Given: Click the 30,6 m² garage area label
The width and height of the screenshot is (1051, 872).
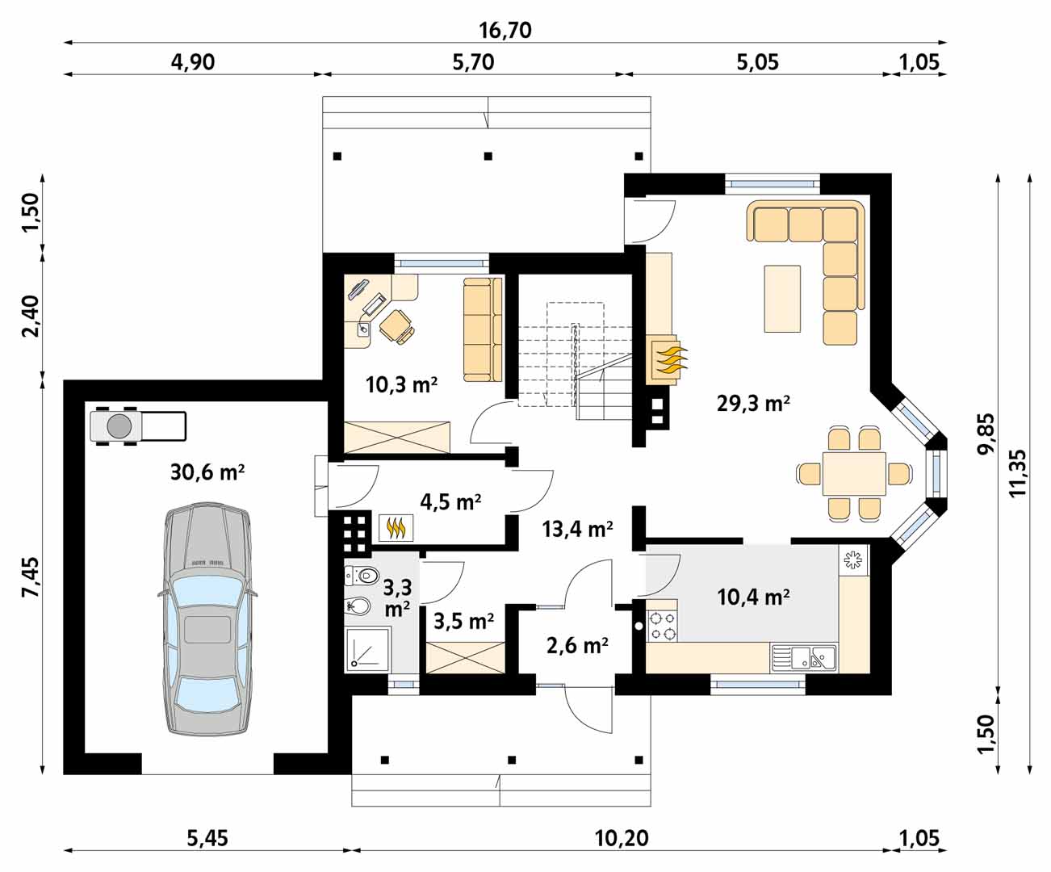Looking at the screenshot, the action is click(207, 472).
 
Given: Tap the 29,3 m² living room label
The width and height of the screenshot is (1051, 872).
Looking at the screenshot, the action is click(753, 403).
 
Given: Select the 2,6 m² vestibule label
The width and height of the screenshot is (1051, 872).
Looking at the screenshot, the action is click(577, 645).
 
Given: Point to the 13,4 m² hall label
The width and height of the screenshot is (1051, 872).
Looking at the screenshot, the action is click(577, 529).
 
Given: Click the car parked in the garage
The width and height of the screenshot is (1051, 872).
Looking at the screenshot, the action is click(208, 618).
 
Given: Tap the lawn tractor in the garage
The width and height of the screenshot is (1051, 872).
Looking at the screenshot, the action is click(138, 426).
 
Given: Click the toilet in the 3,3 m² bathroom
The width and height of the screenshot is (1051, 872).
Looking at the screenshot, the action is click(362, 575).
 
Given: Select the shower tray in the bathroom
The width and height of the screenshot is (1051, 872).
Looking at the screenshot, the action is click(368, 648).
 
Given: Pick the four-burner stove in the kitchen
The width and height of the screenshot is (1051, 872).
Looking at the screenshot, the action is click(662, 625).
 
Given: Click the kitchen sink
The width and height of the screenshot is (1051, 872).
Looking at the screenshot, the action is click(804, 658).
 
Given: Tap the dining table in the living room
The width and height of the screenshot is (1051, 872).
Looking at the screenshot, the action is click(854, 474).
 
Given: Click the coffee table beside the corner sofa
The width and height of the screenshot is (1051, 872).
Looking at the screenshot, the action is click(782, 299).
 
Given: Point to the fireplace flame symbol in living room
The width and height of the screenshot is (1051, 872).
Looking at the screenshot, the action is click(668, 360).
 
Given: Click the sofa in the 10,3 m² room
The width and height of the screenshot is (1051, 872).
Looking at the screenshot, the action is click(483, 329).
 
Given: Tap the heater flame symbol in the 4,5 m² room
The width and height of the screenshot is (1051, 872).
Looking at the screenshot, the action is click(396, 527).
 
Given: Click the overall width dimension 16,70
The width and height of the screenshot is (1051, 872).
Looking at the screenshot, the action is click(505, 31).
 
